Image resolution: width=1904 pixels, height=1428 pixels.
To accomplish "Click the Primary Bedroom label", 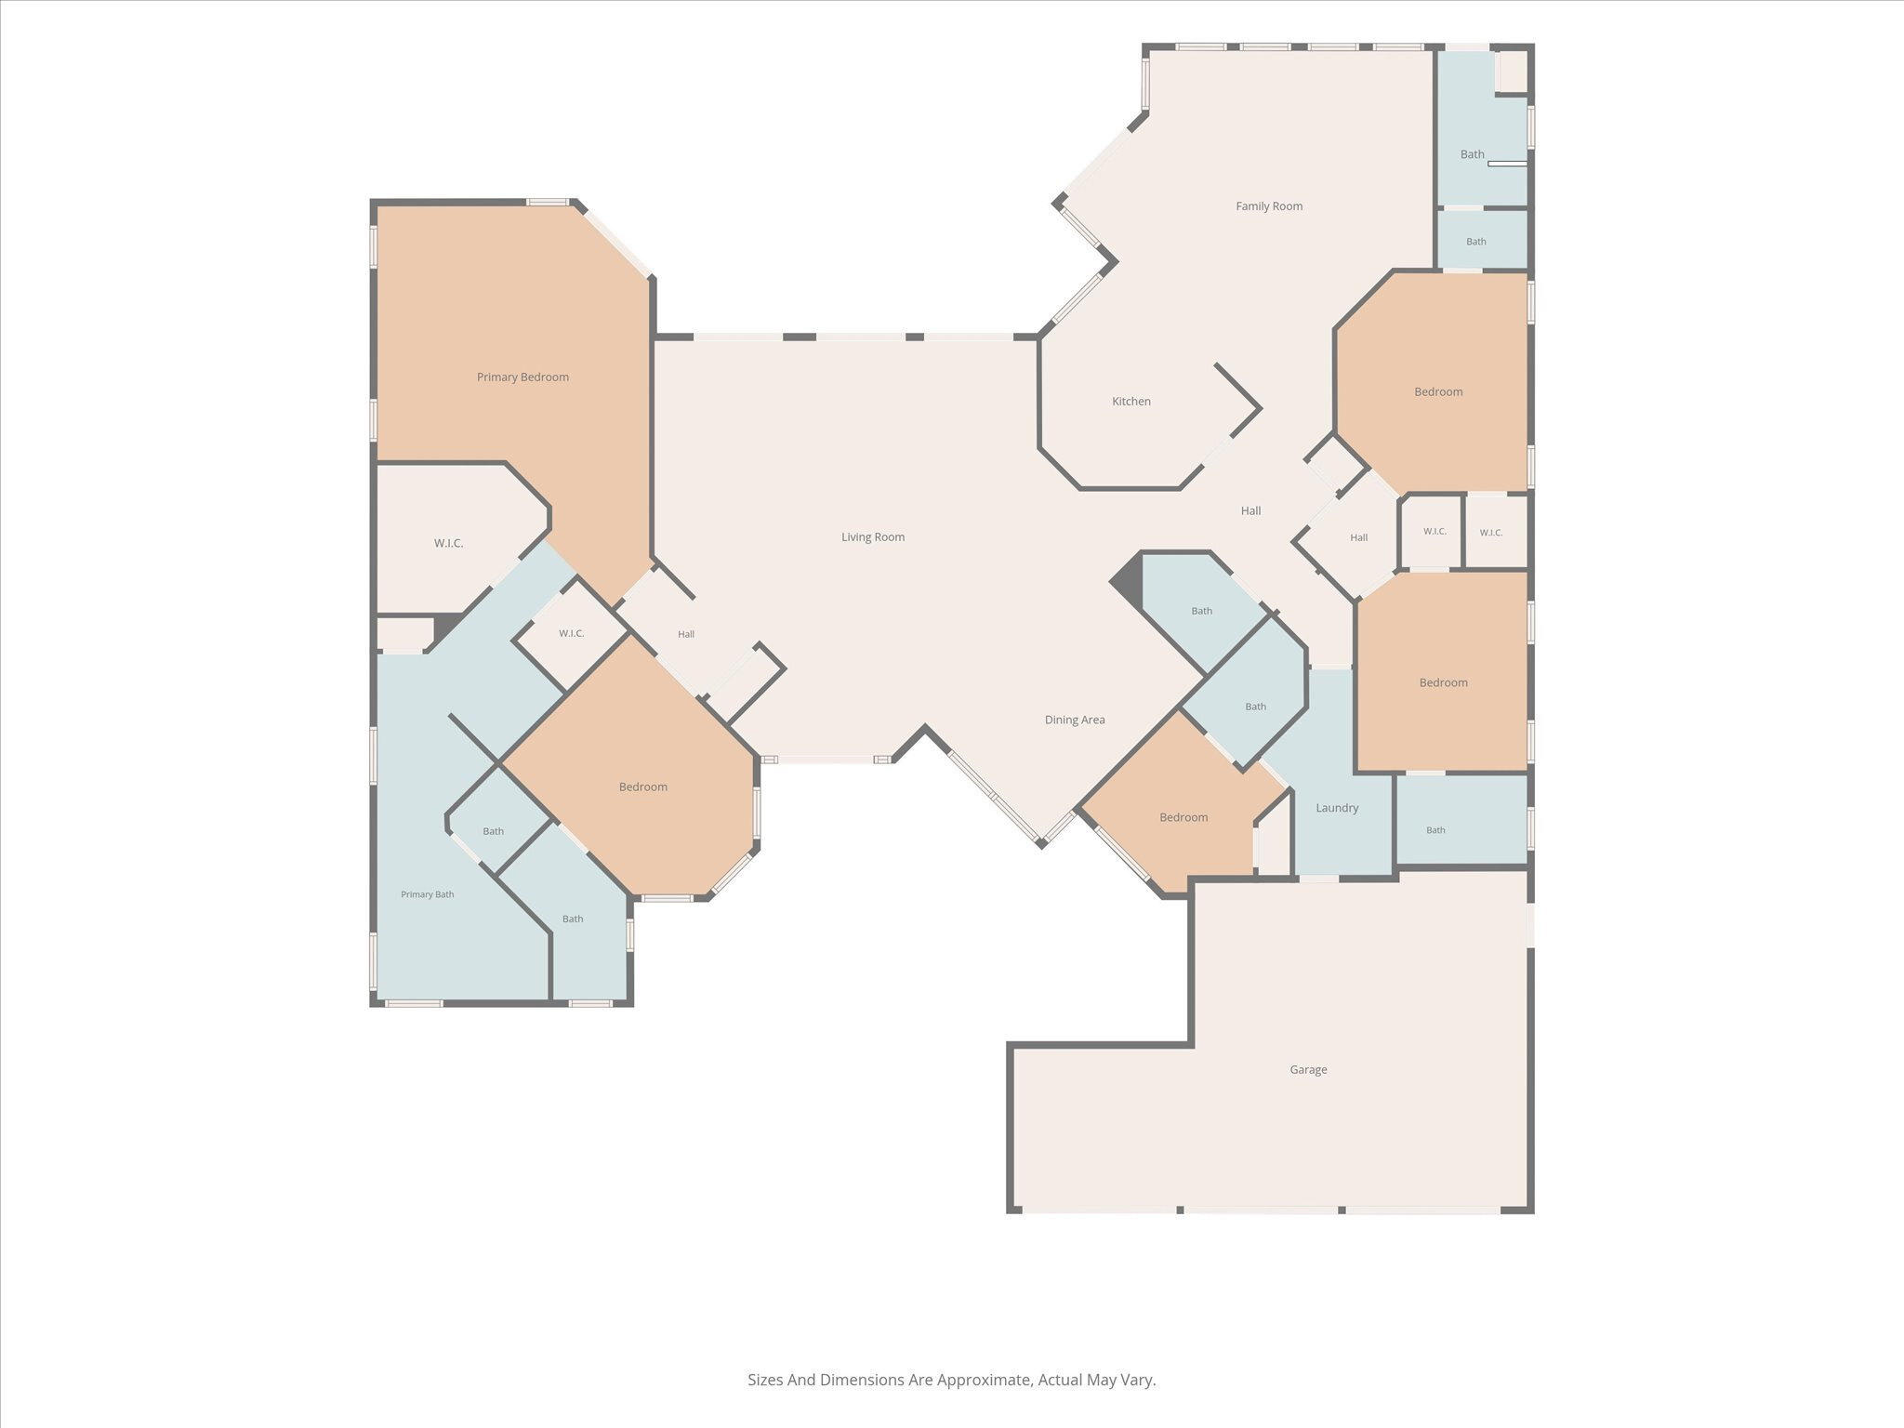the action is [522, 377].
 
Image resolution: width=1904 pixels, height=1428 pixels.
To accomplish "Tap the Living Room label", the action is [873, 536].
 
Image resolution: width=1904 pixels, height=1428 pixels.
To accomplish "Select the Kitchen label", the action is [1131, 401].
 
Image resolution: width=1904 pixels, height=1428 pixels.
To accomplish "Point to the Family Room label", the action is [1269, 205].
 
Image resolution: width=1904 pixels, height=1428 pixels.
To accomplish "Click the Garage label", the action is [1308, 1069].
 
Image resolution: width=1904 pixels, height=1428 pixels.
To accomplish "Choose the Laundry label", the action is [1337, 808].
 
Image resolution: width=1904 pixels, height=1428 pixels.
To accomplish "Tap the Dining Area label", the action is [1075, 719].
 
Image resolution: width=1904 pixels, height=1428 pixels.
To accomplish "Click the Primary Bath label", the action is [428, 894].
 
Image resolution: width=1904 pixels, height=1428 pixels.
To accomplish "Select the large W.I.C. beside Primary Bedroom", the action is [448, 543].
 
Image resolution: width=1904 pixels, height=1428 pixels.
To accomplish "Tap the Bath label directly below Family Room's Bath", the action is [1476, 242].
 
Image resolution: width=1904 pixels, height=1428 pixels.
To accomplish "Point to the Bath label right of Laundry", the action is [1435, 830].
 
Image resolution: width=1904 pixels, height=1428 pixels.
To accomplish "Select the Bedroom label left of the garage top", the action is [1183, 817].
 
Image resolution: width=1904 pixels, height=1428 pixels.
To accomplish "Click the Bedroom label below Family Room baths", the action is [1438, 391].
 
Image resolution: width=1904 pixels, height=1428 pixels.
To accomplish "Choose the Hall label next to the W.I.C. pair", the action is [1359, 537].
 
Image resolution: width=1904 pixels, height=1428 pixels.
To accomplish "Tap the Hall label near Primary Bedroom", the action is [686, 634].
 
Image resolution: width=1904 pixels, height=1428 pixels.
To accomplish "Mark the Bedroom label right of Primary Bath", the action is [643, 787].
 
